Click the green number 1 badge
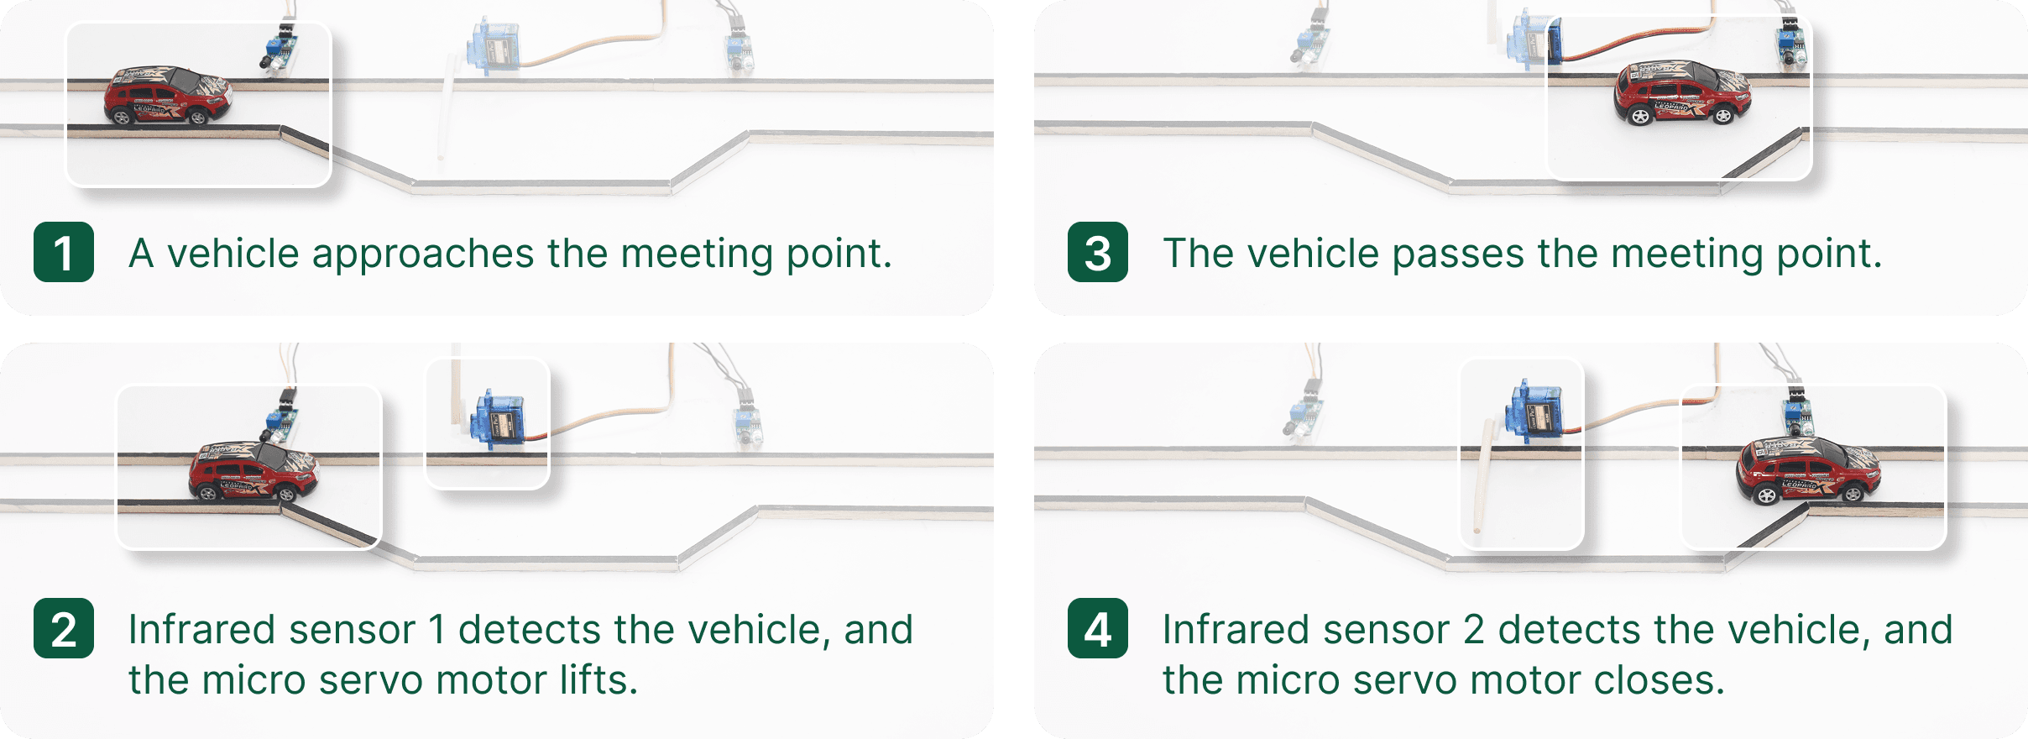coord(64,252)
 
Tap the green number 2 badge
coord(64,628)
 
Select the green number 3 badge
coord(1098,252)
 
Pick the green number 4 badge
coord(1098,628)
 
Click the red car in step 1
coord(168,96)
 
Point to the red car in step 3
coord(1682,92)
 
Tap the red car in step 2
coord(253,472)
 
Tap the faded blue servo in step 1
coord(495,46)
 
